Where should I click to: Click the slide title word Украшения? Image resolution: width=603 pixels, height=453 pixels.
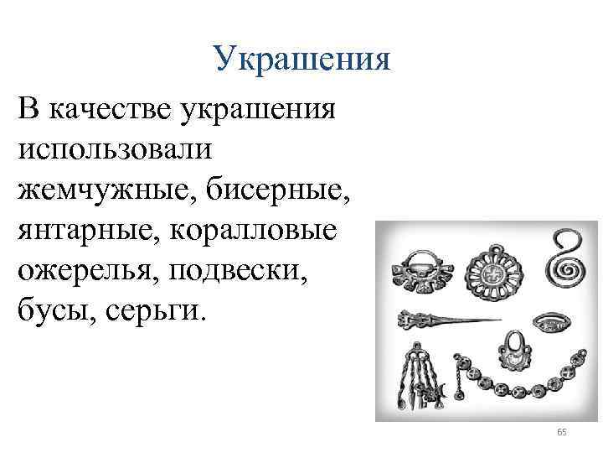[x=301, y=59]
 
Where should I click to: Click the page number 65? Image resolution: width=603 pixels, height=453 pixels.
[x=561, y=432]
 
